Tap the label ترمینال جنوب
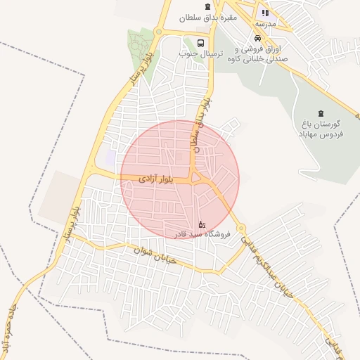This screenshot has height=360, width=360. [195, 53]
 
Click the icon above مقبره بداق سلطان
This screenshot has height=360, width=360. [207, 7]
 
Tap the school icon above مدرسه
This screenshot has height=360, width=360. [266, 12]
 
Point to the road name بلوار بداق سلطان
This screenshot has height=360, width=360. [201, 123]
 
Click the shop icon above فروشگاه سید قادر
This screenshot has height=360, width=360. [202, 223]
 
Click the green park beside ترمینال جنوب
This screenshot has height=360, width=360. [141, 49]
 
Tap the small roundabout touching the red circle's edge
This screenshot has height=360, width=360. [240, 229]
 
